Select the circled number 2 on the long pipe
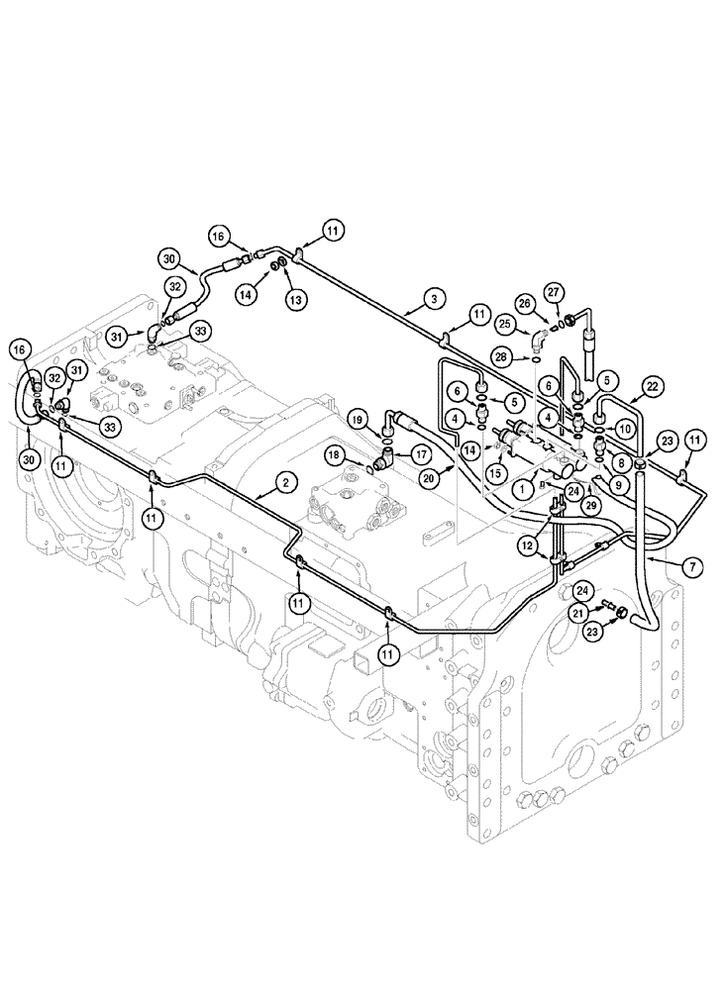(x=284, y=483)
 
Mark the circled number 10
(x=624, y=427)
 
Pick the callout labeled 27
(x=553, y=292)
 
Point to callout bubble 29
(x=592, y=506)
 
